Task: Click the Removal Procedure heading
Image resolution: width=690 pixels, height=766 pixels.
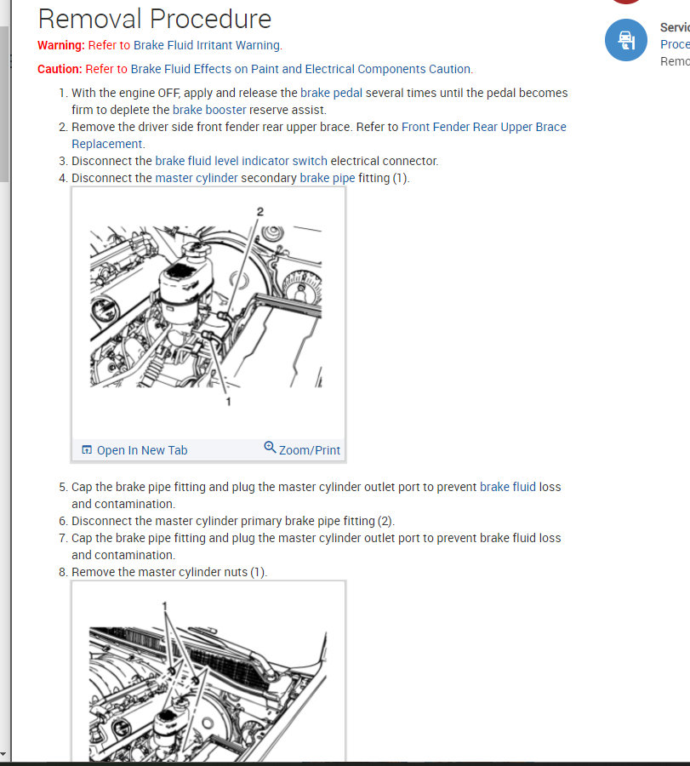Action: (x=155, y=19)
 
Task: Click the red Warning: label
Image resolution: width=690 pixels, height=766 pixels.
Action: (x=61, y=45)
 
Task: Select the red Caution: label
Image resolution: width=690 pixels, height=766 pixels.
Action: (x=60, y=69)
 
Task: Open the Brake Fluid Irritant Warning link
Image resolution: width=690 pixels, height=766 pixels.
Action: (x=208, y=45)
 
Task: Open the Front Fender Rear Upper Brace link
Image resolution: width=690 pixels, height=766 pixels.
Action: (x=483, y=127)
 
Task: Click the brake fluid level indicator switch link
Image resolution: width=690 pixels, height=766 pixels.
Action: (x=241, y=161)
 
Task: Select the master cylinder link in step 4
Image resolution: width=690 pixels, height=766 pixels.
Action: (x=197, y=178)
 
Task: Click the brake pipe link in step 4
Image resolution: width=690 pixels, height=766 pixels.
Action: (x=328, y=178)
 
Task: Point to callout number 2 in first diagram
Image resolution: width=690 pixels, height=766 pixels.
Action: (x=260, y=211)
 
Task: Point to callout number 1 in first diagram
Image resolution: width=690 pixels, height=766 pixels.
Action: (x=228, y=401)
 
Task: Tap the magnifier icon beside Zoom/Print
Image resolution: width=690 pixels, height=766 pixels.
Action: (x=270, y=448)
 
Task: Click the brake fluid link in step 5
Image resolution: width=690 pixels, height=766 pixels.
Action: (x=508, y=487)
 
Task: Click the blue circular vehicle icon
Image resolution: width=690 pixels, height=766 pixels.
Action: (x=625, y=40)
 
